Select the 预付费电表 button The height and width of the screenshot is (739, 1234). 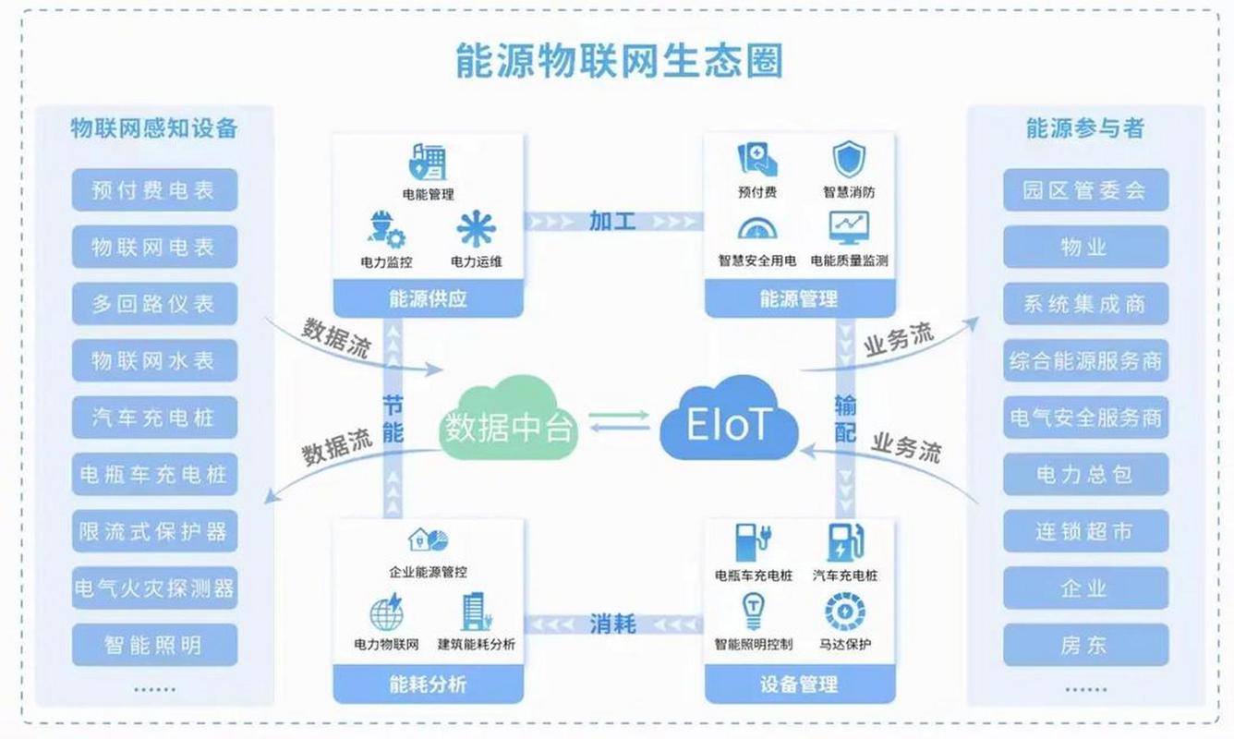[x=154, y=190]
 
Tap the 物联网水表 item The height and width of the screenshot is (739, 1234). [x=154, y=361]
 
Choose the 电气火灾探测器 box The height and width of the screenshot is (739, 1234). [x=154, y=588]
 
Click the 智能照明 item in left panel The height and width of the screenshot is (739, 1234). [x=154, y=645]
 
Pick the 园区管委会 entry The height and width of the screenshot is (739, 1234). [x=1085, y=190]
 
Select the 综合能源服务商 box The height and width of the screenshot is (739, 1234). [x=1085, y=361]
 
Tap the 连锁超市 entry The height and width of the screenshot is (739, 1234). [x=1085, y=531]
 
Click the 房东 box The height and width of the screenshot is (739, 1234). [x=1085, y=645]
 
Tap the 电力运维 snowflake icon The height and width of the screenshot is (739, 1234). [x=476, y=229]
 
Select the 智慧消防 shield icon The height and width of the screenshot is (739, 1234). [x=849, y=160]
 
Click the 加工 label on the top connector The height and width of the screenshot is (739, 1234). [x=612, y=221]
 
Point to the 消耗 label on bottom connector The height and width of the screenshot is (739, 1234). [x=612, y=624]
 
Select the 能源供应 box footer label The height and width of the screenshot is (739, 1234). [x=428, y=298]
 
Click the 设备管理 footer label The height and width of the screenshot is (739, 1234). [x=799, y=684]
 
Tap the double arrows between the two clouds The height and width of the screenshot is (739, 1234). [x=619, y=420]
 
